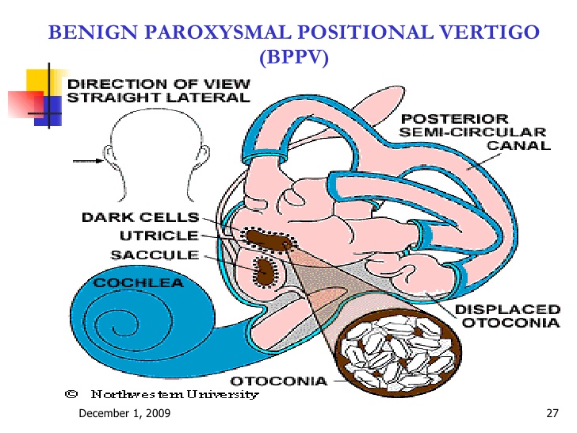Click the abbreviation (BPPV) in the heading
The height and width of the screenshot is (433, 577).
(x=293, y=57)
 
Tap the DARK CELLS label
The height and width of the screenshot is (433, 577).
(x=140, y=217)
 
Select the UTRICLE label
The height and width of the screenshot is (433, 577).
(x=159, y=236)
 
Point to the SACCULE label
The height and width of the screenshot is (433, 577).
(x=155, y=255)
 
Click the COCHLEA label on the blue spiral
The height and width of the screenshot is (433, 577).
(x=139, y=283)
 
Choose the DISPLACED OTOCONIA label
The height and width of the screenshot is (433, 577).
(x=508, y=316)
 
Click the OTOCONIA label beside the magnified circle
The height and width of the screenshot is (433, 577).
(x=278, y=381)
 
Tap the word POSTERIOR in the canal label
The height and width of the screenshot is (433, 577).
(x=455, y=119)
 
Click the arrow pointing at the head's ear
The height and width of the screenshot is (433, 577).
(x=88, y=161)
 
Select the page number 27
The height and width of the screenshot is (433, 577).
(x=552, y=413)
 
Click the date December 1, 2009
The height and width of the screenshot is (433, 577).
(x=124, y=413)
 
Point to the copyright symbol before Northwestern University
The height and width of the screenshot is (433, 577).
(x=71, y=394)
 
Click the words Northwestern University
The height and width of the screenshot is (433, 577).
(x=175, y=394)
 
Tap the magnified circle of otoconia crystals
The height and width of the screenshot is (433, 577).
(x=399, y=354)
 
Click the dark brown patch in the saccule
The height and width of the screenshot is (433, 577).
(x=264, y=272)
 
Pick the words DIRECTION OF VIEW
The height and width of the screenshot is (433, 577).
(x=159, y=84)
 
